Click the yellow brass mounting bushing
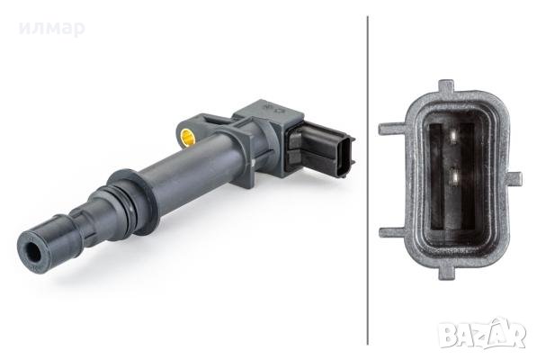pyautogui.click(x=188, y=138)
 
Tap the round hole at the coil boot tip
pyautogui.click(x=32, y=252)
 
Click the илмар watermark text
pyautogui.click(x=51, y=29)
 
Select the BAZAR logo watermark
pyautogui.click(x=482, y=334)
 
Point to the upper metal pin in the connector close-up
pyautogui.click(x=453, y=136)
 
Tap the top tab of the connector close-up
pyautogui.click(x=446, y=85)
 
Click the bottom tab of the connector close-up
pyautogui.click(x=447, y=273)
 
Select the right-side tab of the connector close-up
pyautogui.click(x=515, y=178)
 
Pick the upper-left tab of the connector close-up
pyautogui.click(x=392, y=129)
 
